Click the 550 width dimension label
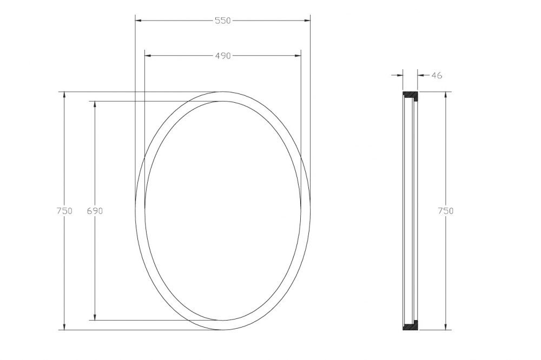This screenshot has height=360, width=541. [222, 21]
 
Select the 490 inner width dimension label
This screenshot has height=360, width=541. [222, 56]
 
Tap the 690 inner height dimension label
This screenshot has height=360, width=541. [95, 211]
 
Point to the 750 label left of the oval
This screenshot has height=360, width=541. [64, 211]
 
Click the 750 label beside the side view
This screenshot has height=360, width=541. [446, 211]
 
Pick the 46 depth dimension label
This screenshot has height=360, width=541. [437, 75]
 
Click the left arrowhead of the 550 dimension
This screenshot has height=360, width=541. [138, 21]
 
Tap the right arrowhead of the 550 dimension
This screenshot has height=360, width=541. [307, 21]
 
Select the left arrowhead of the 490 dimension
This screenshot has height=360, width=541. [148, 56]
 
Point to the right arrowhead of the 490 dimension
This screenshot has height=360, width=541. [298, 56]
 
